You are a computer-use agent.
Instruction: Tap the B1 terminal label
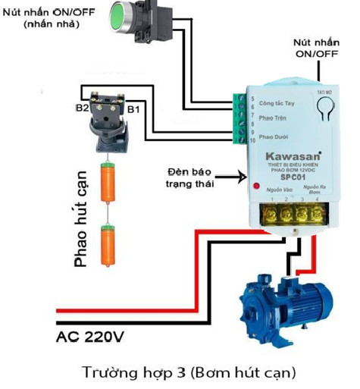(133, 111)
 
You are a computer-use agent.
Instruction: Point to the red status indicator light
(245, 184)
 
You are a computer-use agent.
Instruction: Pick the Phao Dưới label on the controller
(271, 136)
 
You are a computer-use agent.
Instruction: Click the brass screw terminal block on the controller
(286, 214)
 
